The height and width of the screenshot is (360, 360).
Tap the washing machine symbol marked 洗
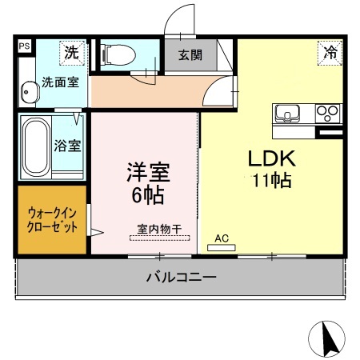71,54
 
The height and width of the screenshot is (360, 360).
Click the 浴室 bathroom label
67,146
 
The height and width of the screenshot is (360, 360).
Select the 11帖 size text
270,180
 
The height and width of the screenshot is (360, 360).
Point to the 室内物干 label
157,229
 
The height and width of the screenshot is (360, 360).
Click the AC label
222,238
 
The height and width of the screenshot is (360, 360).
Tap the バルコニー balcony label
181,278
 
